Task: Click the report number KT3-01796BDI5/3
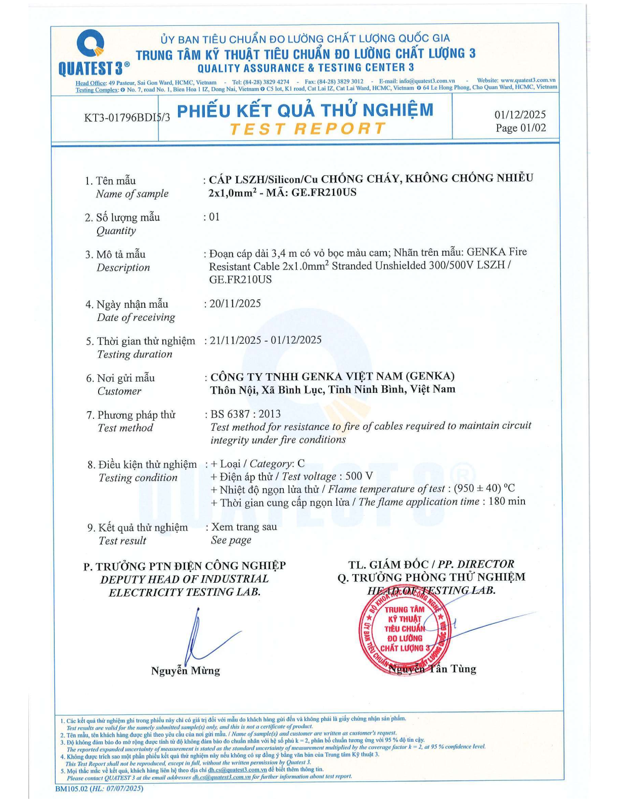[x=127, y=117]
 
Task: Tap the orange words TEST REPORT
[x=307, y=129]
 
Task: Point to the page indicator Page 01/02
[x=520, y=128]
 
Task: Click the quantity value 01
[x=214, y=217]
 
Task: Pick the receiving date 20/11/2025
[x=235, y=304]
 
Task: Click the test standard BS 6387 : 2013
[x=245, y=414]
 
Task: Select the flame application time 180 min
[x=507, y=501]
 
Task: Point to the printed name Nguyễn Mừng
[x=186, y=671]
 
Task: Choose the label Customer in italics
[x=119, y=391]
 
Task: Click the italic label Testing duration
[x=135, y=354]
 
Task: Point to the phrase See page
[x=231, y=540]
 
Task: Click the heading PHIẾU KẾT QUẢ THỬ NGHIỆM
[x=305, y=110]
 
